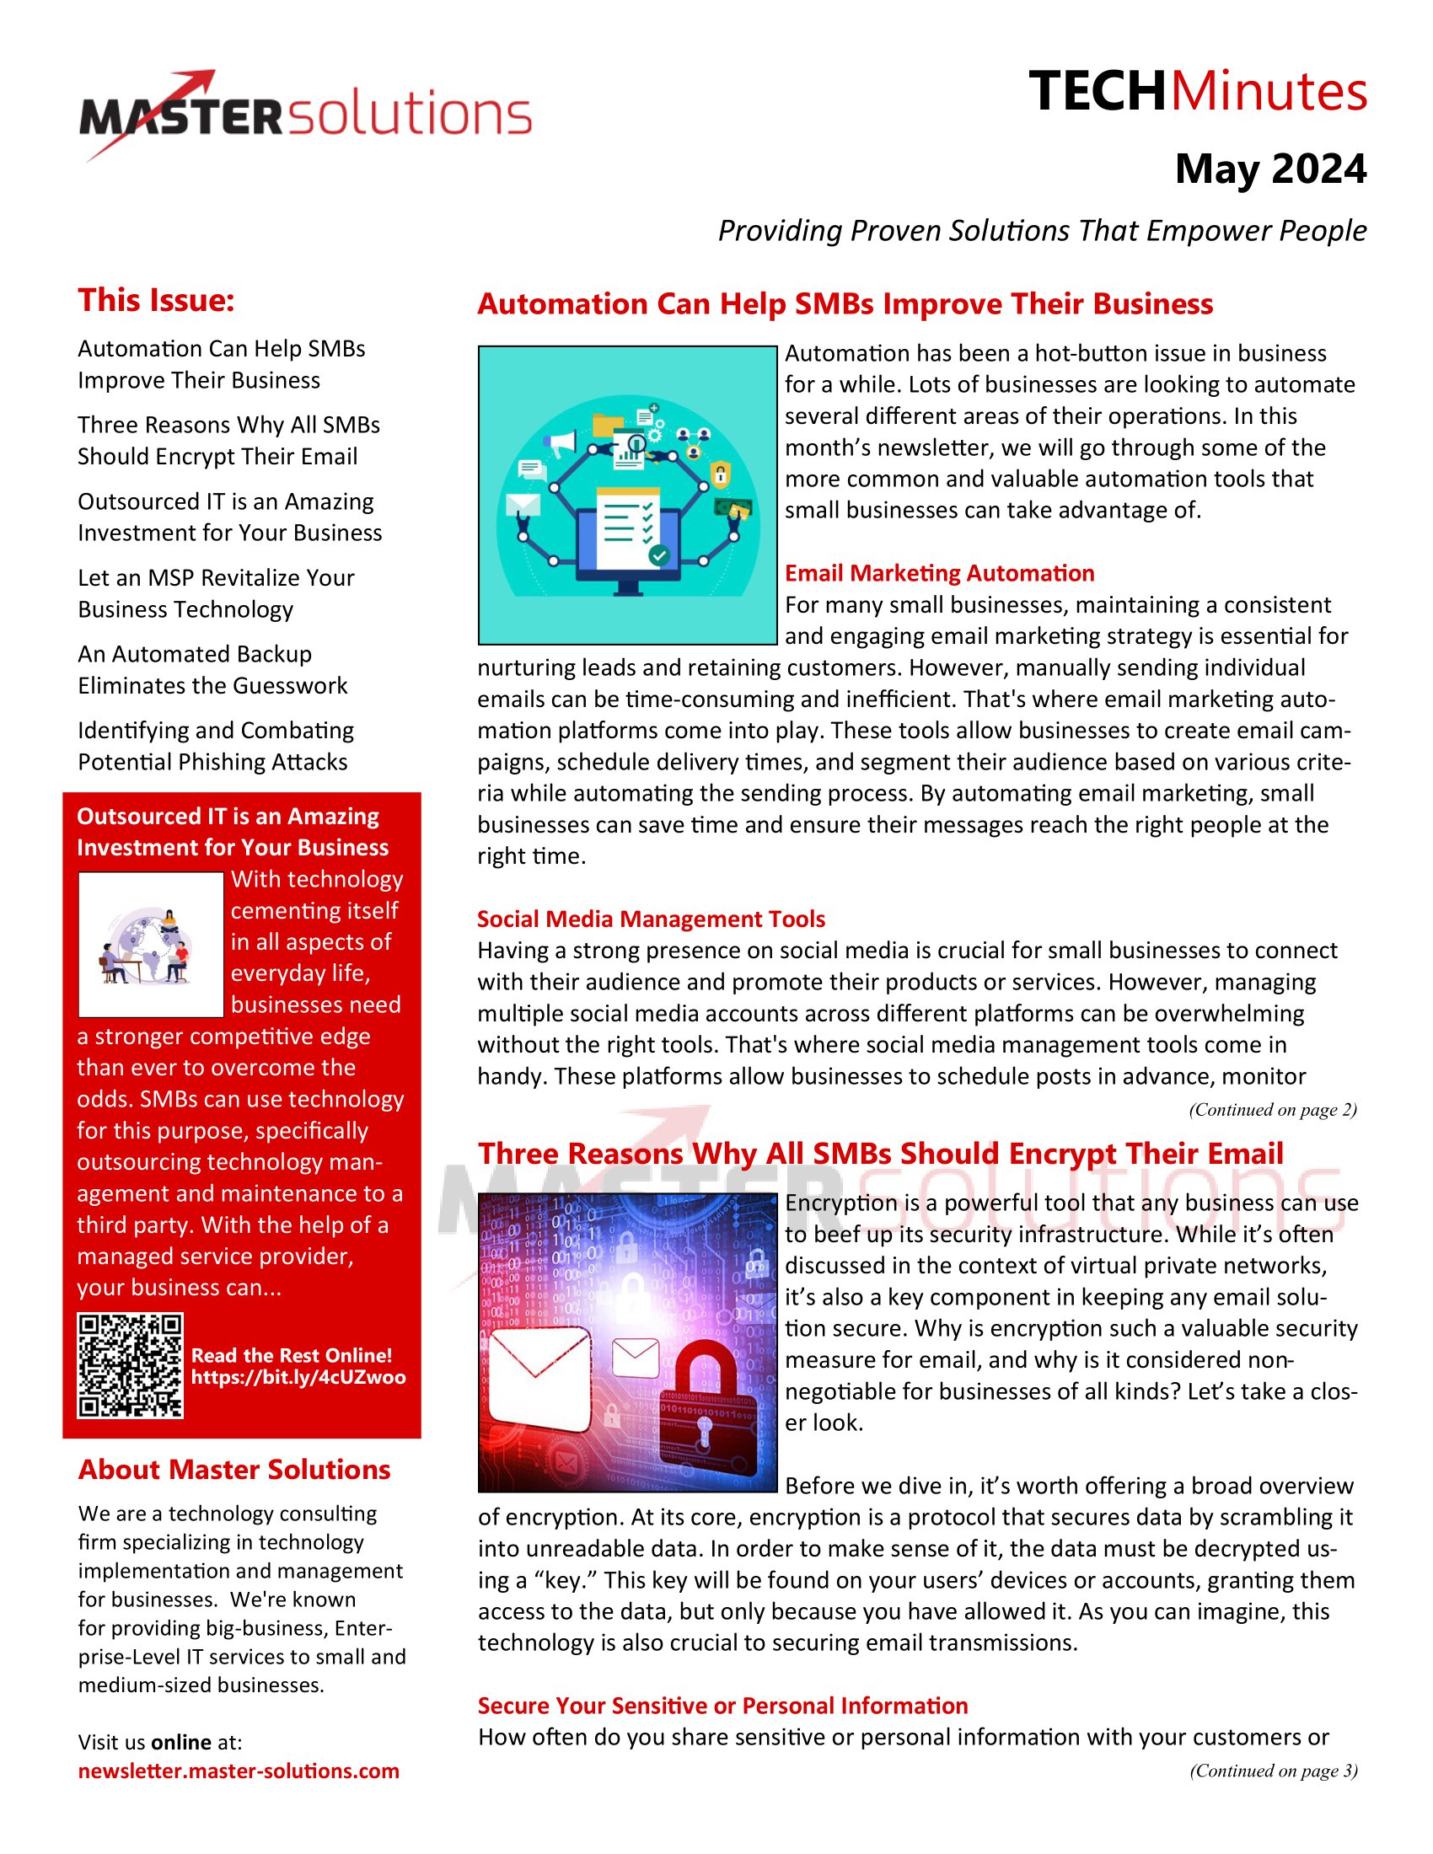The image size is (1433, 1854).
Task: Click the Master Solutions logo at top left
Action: click(x=306, y=115)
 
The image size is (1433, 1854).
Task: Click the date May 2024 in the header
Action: click(x=1270, y=169)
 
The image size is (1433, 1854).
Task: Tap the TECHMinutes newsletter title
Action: click(x=1197, y=92)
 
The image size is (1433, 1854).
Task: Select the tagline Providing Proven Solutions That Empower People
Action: click(x=1042, y=231)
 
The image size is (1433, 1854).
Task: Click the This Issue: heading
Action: click(x=156, y=301)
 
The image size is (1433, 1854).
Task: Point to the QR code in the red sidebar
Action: click(x=130, y=1365)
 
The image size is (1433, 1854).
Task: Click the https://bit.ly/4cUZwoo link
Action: click(x=298, y=1377)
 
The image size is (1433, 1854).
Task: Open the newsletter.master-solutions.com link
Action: click(x=239, y=1771)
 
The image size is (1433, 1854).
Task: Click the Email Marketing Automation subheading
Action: click(x=939, y=573)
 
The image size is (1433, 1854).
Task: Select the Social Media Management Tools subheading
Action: click(x=650, y=919)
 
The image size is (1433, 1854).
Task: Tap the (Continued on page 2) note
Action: click(x=1272, y=1110)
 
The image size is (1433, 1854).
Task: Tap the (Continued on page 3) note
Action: click(x=1273, y=1771)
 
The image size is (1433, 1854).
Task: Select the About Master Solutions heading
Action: click(x=234, y=1470)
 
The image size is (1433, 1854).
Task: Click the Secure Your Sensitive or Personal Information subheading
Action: click(x=722, y=1706)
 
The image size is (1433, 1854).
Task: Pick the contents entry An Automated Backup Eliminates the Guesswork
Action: click(x=212, y=670)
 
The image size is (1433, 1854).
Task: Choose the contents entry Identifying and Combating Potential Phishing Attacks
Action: click(x=216, y=746)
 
